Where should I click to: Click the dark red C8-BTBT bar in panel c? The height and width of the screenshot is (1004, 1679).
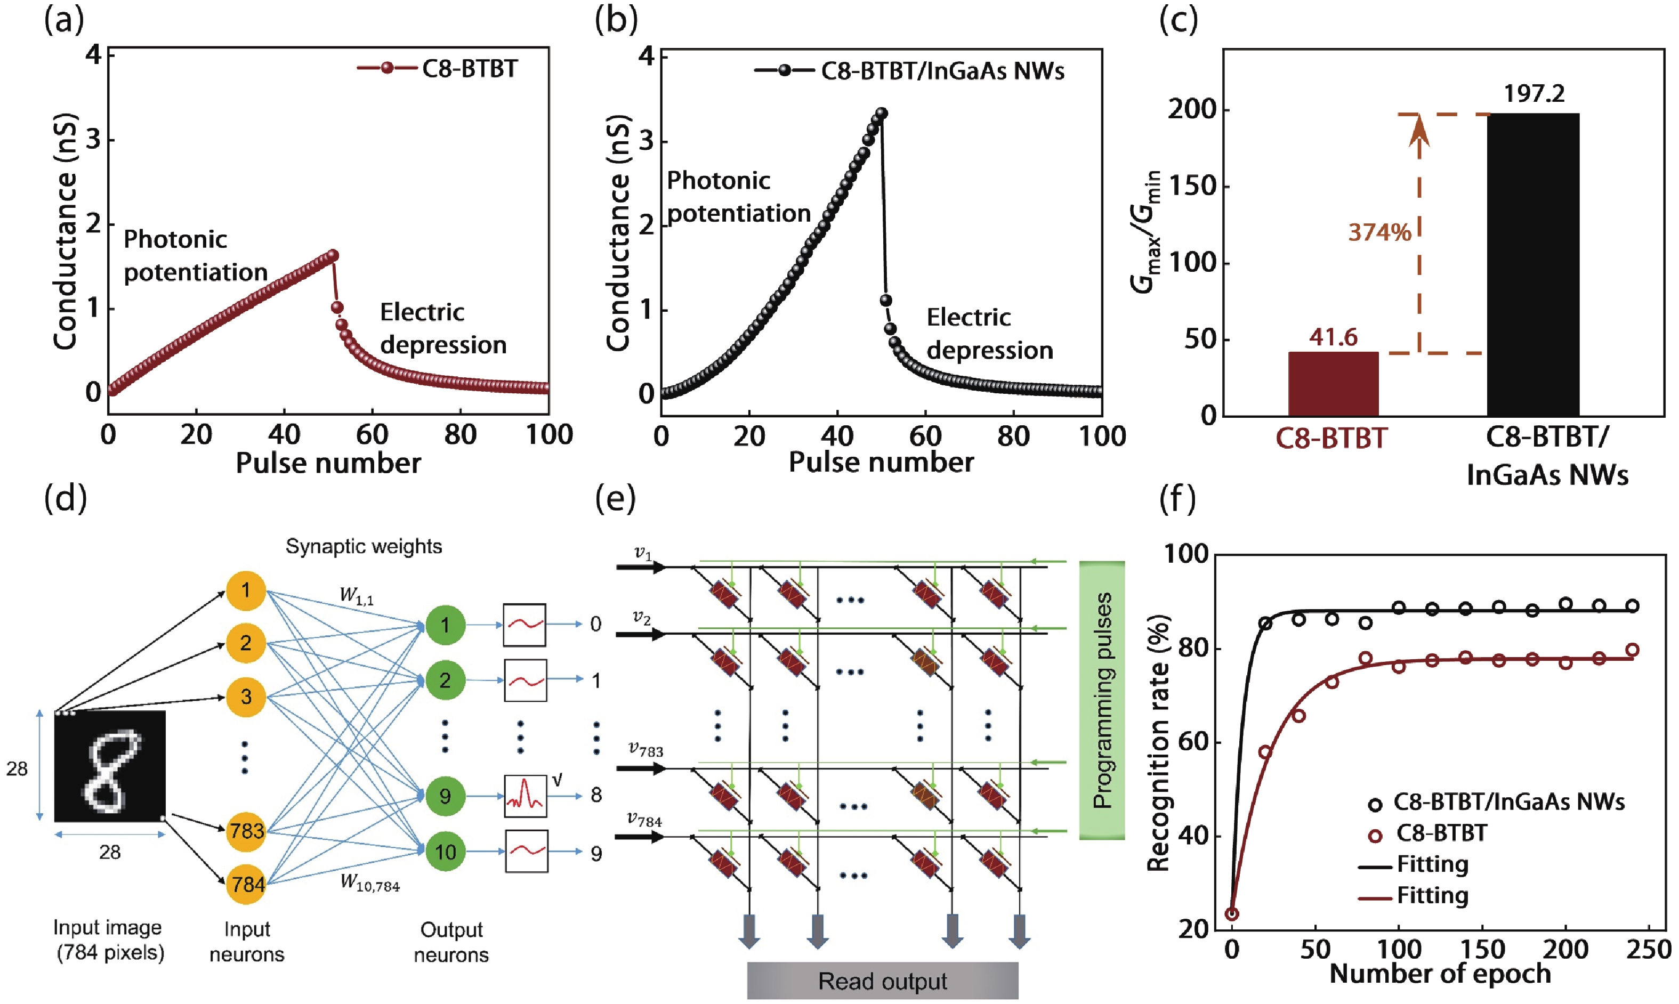(1332, 384)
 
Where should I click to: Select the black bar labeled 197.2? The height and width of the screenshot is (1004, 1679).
(1532, 264)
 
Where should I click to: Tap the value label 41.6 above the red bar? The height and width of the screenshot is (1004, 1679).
(1332, 337)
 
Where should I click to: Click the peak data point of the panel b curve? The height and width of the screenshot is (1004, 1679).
(881, 113)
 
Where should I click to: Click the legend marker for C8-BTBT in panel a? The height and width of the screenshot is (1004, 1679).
(387, 68)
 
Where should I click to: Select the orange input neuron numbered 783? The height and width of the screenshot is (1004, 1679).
(246, 830)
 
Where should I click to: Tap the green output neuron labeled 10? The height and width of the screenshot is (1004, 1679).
(445, 851)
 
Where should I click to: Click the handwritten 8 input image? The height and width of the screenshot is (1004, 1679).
(110, 766)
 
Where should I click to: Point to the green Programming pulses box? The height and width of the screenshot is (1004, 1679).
(1101, 700)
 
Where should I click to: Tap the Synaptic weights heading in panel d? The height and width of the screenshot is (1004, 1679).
(364, 546)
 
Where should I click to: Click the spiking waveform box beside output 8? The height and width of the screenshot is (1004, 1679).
(525, 796)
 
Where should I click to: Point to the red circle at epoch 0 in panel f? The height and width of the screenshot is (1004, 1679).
(1232, 913)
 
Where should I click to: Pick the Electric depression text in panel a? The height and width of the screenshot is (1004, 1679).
(442, 328)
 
